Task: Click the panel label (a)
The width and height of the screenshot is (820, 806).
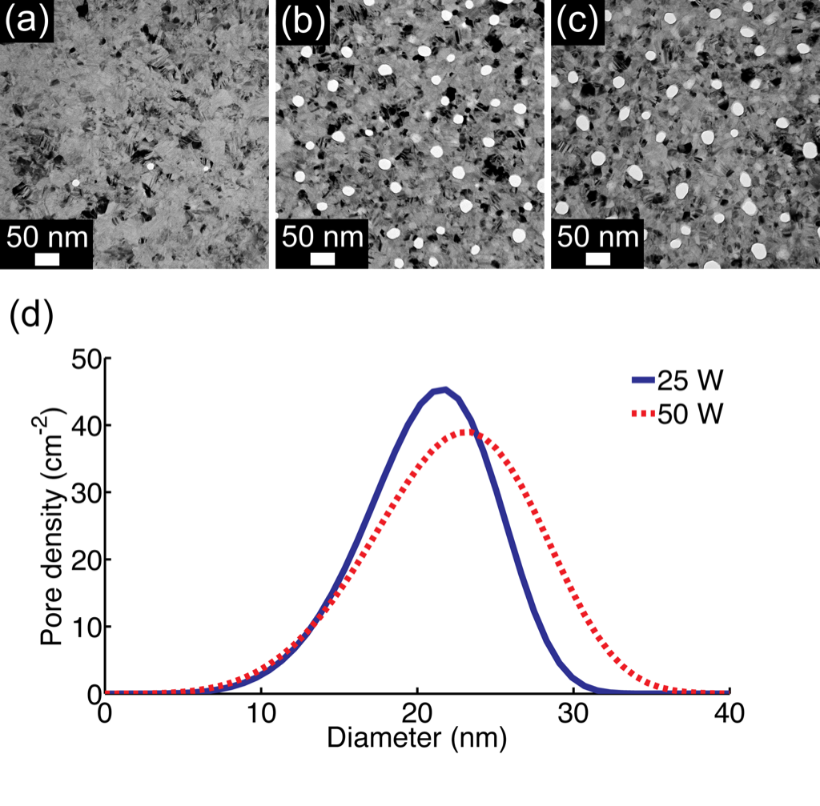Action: pos(26,22)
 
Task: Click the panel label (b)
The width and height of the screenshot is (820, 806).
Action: pos(303,22)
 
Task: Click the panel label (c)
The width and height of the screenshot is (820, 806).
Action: pos(578,22)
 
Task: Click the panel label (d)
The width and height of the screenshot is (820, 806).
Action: pos(31,315)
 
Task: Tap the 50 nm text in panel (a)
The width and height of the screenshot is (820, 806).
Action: pos(47,237)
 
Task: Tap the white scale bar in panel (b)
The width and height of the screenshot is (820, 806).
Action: pos(322,259)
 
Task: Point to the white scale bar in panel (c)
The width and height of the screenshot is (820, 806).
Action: pos(597,259)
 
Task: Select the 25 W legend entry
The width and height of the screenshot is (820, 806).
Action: pos(677,380)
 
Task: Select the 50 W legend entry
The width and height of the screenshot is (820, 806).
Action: pos(677,414)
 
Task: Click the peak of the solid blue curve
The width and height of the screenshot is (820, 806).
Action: pos(444,389)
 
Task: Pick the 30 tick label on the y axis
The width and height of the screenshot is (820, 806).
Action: pos(86,492)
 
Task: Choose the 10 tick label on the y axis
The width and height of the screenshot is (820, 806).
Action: pos(86,626)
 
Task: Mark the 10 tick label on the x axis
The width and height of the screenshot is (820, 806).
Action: pos(261,712)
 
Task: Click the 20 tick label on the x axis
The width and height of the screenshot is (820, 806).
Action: pos(417,712)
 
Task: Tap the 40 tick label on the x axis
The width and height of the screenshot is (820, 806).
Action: pos(730,712)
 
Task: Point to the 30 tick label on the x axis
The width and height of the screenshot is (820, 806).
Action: pos(573,712)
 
